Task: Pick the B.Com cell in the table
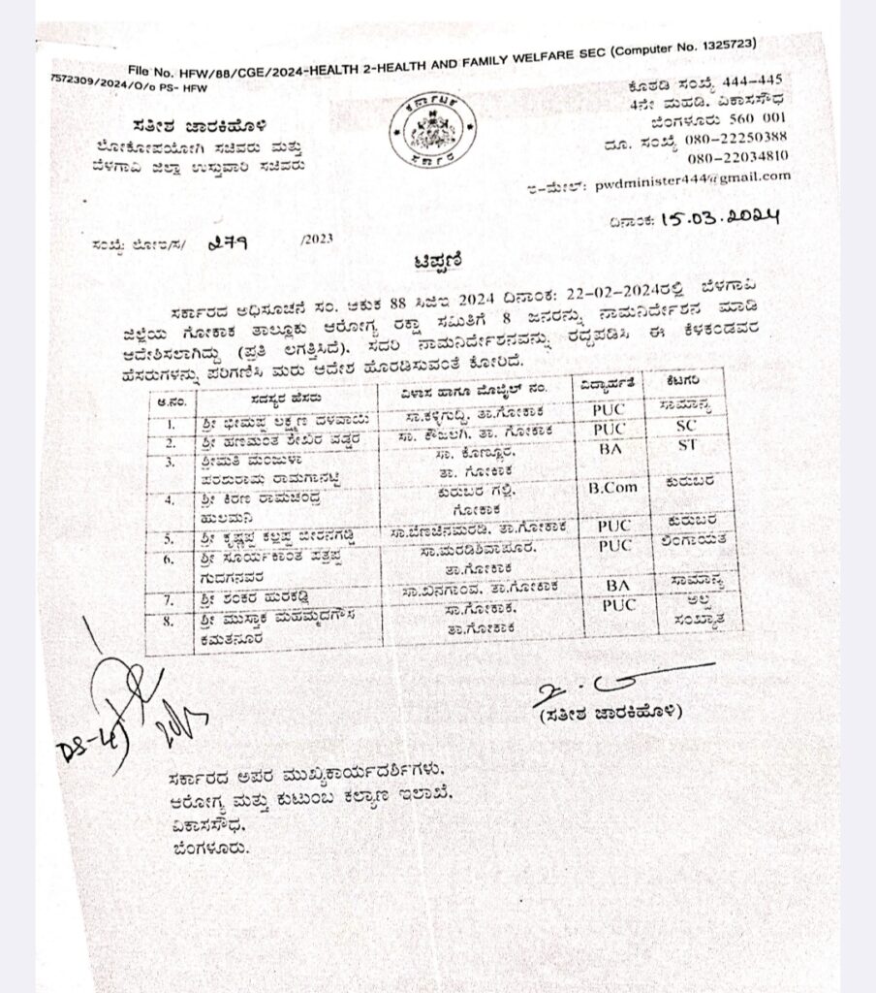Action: pyautogui.click(x=613, y=488)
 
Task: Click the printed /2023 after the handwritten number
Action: pyautogui.click(x=316, y=240)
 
